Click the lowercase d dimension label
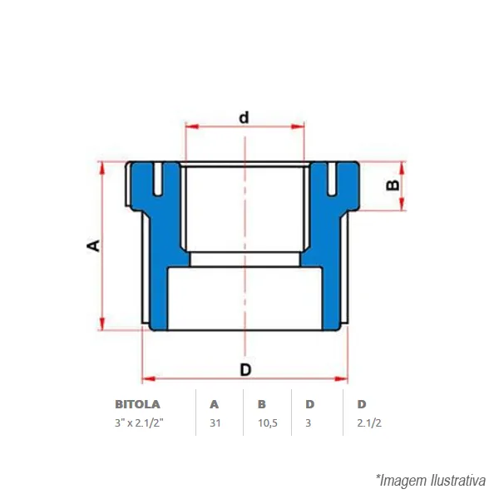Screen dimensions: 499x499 point(244,118)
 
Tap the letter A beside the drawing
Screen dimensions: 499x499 point(93,245)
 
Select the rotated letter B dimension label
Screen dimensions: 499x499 point(393,185)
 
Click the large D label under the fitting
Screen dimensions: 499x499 point(245,370)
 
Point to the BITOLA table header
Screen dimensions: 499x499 point(137,404)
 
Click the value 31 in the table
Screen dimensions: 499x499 point(215,423)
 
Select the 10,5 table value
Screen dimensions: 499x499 point(268,423)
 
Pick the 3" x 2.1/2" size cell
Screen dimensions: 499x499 point(139,423)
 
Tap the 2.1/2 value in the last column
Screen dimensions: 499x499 point(369,423)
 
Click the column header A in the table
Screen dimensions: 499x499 point(215,404)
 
